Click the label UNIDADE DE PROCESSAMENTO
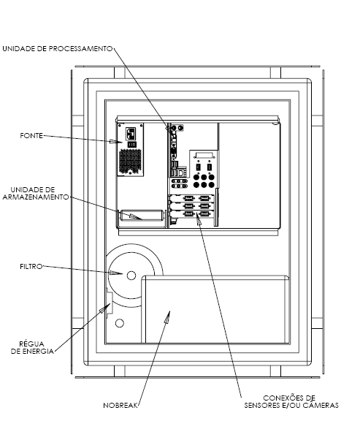click(x=58, y=49)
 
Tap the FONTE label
click(x=31, y=135)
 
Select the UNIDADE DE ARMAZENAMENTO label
click(x=36, y=194)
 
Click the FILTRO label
click(x=31, y=266)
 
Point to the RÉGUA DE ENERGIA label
click(x=32, y=347)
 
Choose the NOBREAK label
click(x=120, y=406)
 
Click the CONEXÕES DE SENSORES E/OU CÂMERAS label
click(x=291, y=402)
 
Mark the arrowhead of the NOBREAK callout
click(x=167, y=317)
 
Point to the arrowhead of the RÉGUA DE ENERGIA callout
click(x=105, y=308)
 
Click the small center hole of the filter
click(x=131, y=276)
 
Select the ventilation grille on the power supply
click(x=130, y=162)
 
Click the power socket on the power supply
click(x=131, y=134)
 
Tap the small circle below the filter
click(x=120, y=323)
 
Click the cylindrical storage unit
click(x=142, y=216)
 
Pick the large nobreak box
click(x=215, y=309)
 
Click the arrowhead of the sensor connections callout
click(x=199, y=219)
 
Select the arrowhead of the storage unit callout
click(x=135, y=216)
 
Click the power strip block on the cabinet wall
click(x=110, y=303)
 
